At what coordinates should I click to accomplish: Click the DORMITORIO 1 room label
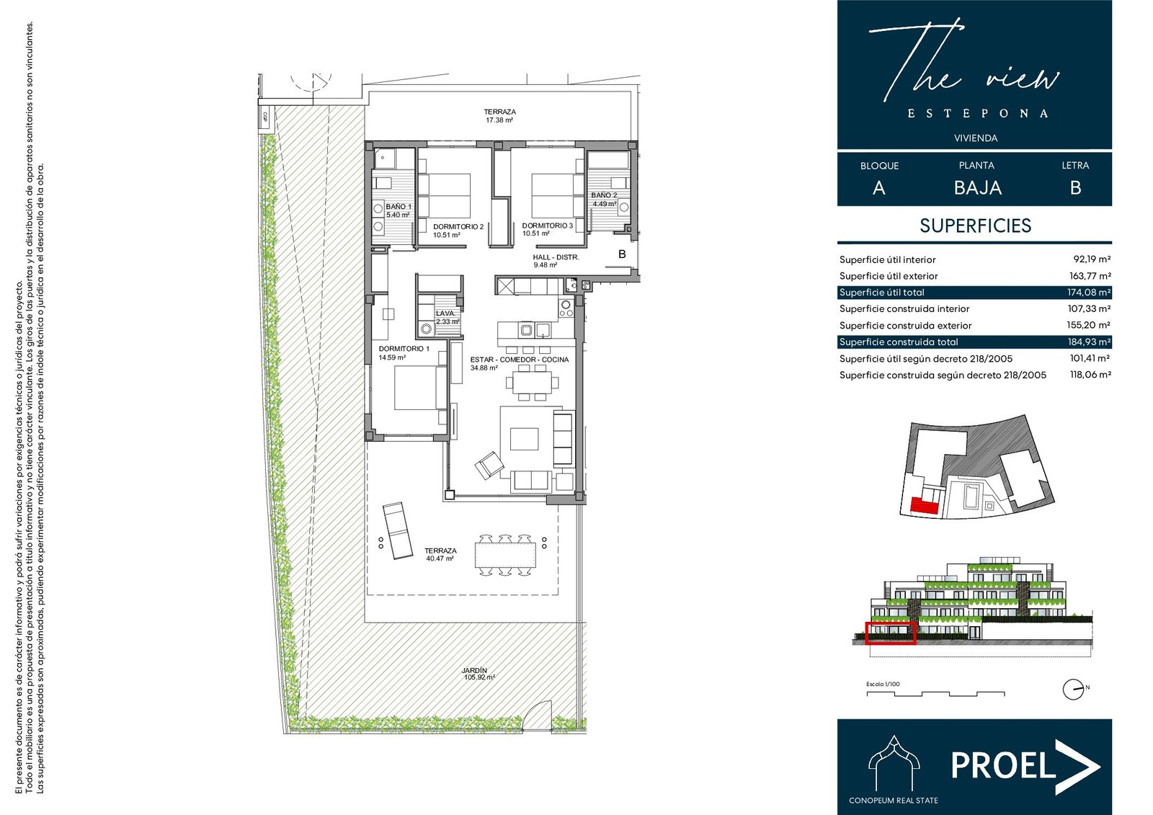point(404,349)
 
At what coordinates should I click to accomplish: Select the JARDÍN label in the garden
point(473,670)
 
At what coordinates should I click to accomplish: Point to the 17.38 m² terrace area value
point(499,120)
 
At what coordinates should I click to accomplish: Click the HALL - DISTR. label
point(556,257)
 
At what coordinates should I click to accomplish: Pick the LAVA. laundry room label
point(445,313)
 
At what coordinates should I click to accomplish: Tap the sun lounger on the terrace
point(397,530)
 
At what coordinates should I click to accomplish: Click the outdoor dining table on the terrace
point(505,554)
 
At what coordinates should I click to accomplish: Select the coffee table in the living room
point(524,439)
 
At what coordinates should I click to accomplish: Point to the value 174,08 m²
point(1089,293)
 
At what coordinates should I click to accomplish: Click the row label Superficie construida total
point(898,342)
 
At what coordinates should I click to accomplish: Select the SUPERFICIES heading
point(976,226)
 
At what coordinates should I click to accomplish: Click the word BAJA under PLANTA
point(977,187)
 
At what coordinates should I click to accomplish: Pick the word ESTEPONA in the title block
point(977,113)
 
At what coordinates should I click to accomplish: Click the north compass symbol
point(1074,690)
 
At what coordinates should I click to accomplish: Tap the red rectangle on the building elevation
point(891,633)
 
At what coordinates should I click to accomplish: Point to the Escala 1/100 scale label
point(883,685)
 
